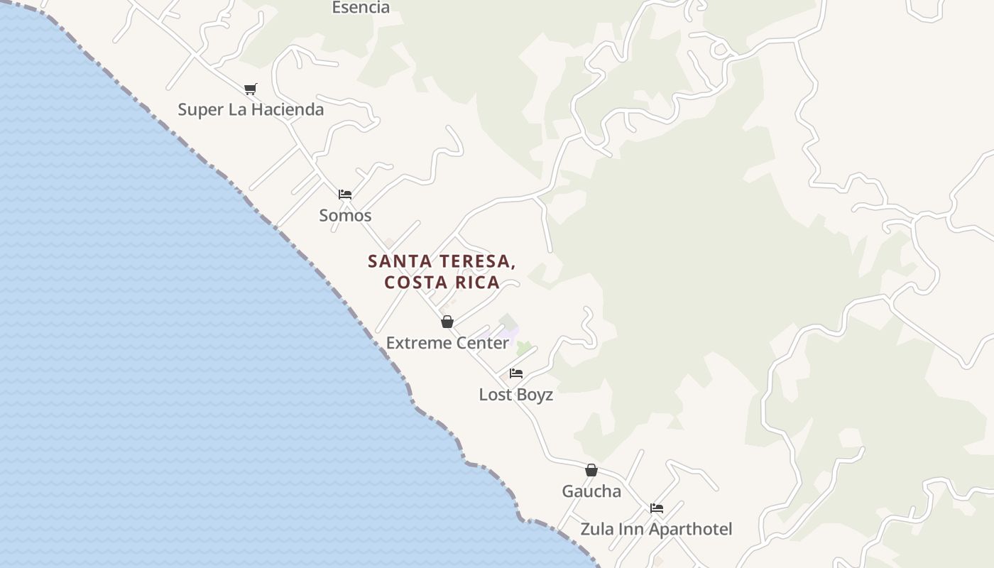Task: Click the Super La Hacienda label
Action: point(251,109)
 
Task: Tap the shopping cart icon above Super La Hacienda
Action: point(250,89)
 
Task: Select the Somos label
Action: point(345,215)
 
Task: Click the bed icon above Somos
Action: point(345,194)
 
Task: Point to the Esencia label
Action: point(361,8)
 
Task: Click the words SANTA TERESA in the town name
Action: point(441,261)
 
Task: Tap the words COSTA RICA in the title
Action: point(442,282)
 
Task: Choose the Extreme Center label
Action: point(447,343)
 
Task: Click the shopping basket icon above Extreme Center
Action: point(447,322)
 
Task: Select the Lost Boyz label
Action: point(515,395)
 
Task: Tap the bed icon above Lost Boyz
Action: point(516,373)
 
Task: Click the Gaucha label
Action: point(591,491)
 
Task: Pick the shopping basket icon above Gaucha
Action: point(591,470)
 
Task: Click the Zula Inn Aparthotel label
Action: point(656,529)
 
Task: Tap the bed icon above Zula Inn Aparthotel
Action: point(657,508)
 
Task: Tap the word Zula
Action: point(596,529)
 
